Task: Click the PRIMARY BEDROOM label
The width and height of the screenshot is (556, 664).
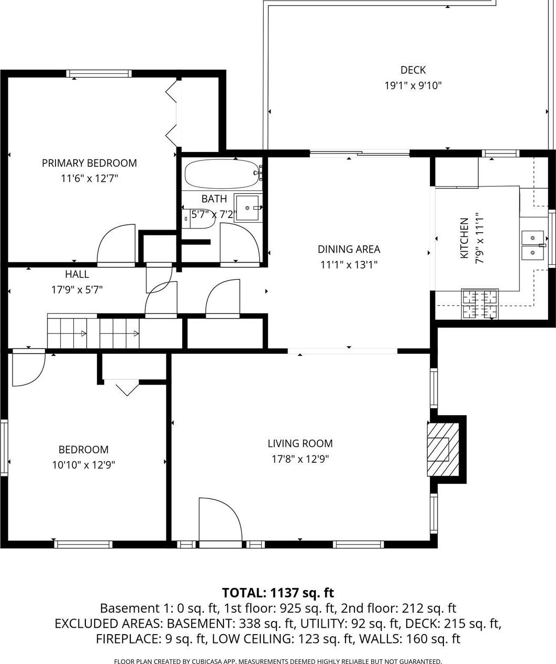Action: [90, 163]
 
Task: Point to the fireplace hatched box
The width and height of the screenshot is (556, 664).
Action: [438, 449]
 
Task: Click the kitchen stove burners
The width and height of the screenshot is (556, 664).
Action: [480, 304]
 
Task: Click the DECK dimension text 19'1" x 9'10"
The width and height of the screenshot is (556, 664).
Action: [413, 85]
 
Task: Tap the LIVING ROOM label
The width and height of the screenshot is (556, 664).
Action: [300, 443]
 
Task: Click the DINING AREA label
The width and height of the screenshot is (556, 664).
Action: [349, 249]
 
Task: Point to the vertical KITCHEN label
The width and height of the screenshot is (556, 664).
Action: [464, 238]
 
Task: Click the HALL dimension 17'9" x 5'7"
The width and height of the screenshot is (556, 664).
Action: [77, 289]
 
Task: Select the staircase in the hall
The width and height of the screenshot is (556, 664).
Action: [94, 333]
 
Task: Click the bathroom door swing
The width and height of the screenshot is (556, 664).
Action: [239, 242]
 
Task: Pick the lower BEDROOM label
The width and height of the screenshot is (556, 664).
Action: [84, 450]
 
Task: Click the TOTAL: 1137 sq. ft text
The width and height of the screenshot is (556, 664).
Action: [278, 593]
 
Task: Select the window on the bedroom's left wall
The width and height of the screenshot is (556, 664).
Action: [4, 447]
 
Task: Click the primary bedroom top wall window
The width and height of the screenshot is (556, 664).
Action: [99, 73]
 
